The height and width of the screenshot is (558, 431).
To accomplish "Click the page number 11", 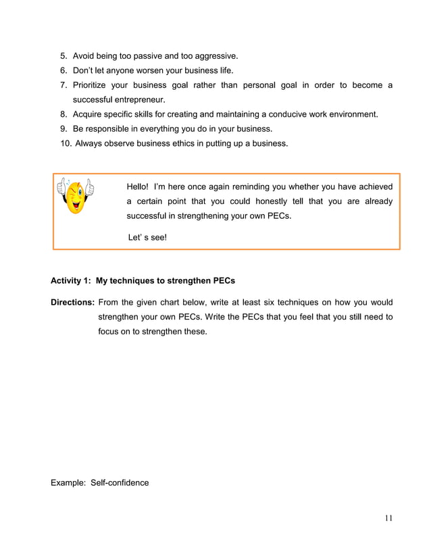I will pyautogui.click(x=388, y=518).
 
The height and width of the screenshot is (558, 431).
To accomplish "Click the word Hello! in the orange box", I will pyautogui.click(x=138, y=186).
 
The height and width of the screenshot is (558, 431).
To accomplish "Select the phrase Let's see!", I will pyautogui.click(x=147, y=237).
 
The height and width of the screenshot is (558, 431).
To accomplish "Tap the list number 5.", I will pyautogui.click(x=64, y=55).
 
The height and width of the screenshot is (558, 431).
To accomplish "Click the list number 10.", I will pyautogui.click(x=66, y=143).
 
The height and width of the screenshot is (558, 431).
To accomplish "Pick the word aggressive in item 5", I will pyautogui.click(x=215, y=55).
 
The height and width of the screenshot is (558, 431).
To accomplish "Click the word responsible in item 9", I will pyautogui.click(x=109, y=128).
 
